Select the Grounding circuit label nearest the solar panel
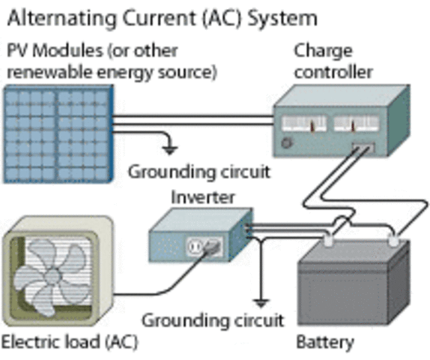point(199,172)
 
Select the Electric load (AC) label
point(69,343)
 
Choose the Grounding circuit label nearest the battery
point(213,321)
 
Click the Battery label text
point(324,343)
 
